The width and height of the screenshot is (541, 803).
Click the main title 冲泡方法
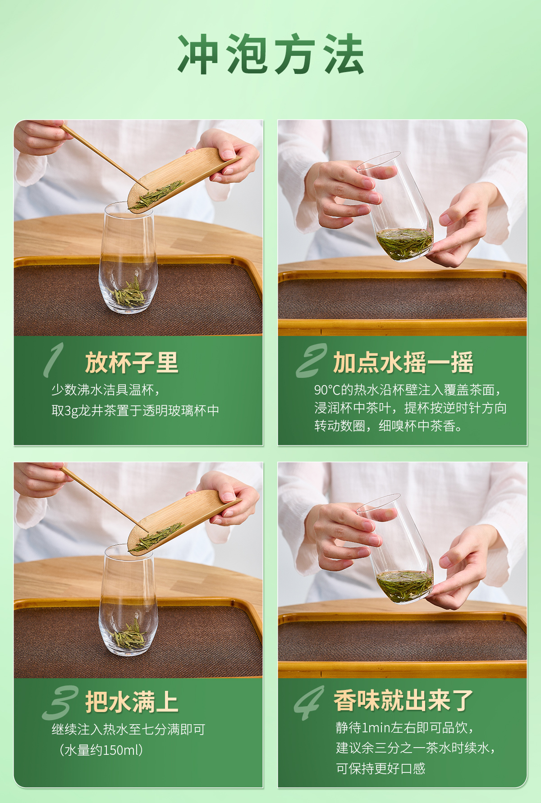click(x=270, y=54)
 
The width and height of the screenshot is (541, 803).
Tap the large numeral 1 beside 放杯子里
click(x=54, y=359)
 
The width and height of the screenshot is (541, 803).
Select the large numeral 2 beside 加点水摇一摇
click(x=312, y=360)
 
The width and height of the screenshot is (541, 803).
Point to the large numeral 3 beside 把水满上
click(x=60, y=703)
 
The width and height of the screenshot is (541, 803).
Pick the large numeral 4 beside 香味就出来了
click(x=309, y=703)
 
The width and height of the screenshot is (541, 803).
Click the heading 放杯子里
click(x=132, y=363)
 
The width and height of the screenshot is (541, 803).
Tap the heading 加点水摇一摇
click(x=403, y=363)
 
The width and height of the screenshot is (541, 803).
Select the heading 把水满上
click(x=132, y=702)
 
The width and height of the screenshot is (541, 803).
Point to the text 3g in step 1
click(x=71, y=411)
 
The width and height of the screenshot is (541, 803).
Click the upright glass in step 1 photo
click(x=128, y=258)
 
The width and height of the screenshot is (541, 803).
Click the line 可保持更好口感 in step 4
click(x=381, y=768)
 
